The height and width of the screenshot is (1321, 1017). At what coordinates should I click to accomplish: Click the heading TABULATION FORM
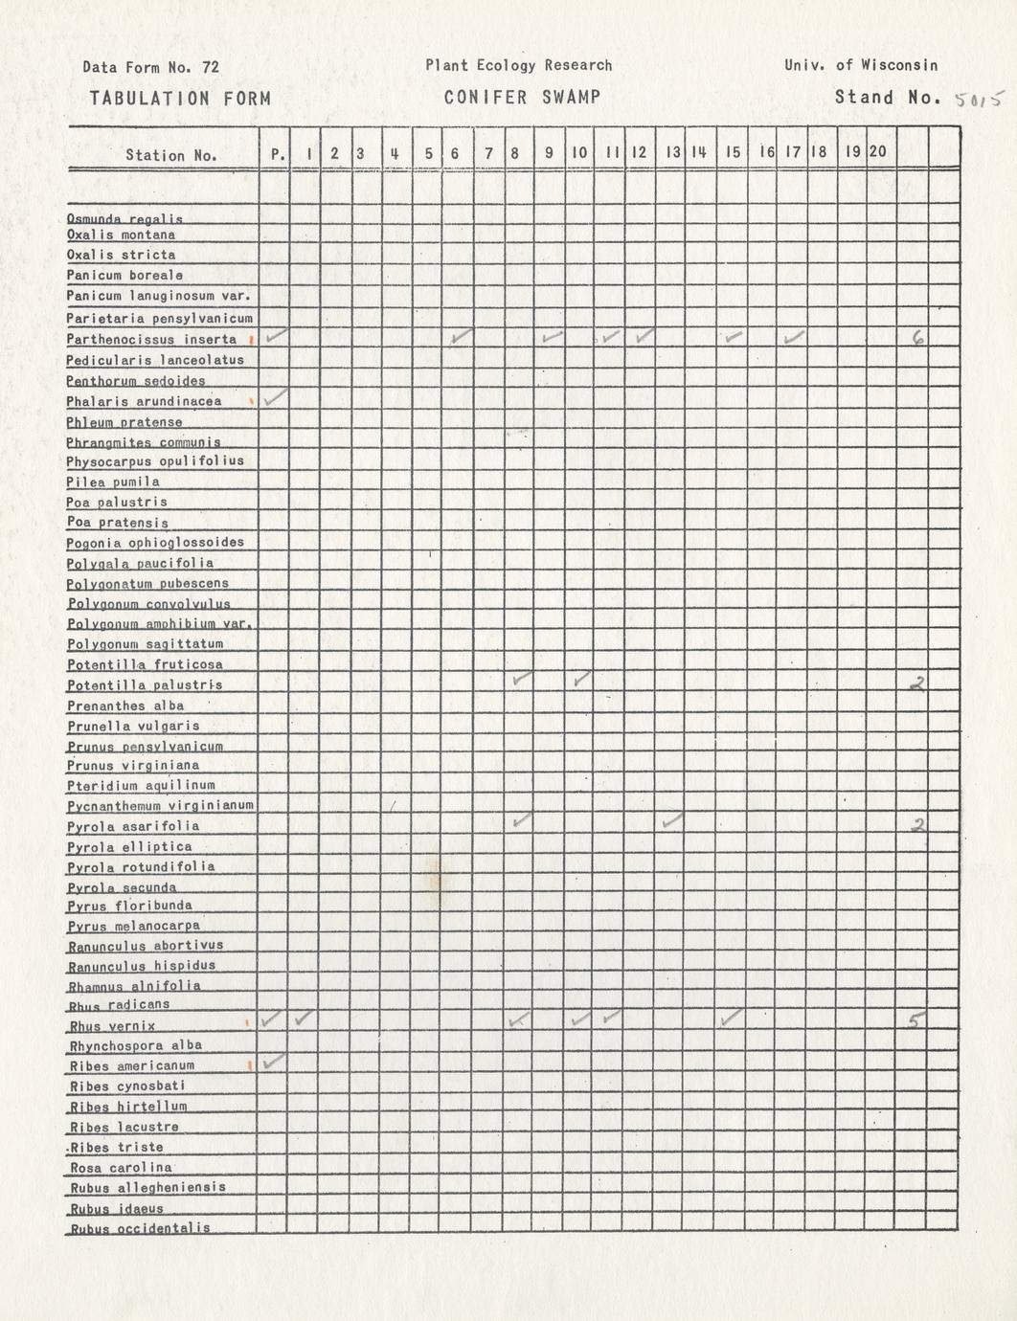[180, 98]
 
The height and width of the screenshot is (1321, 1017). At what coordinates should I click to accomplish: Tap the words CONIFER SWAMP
[522, 97]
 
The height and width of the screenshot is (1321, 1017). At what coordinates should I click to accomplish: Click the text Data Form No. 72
[150, 67]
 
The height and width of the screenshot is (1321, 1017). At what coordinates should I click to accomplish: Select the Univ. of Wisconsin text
[860, 65]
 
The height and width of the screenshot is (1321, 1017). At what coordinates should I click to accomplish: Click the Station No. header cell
[171, 155]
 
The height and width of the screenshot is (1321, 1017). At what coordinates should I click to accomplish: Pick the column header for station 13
[672, 152]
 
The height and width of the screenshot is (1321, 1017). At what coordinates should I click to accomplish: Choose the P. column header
[276, 153]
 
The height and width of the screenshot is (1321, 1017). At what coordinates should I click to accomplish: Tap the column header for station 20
[877, 151]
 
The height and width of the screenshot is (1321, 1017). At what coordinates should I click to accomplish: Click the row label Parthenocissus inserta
[151, 340]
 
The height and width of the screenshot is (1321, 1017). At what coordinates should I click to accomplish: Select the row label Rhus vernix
[113, 1026]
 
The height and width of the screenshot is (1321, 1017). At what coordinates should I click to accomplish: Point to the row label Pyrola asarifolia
[134, 826]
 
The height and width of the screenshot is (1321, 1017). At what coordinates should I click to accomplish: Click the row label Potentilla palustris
[145, 685]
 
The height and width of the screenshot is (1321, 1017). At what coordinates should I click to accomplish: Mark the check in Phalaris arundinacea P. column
[276, 397]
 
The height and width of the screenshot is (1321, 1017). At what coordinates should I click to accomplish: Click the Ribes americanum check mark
[274, 1061]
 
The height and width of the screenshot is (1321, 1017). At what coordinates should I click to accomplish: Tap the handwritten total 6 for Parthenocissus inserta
[917, 337]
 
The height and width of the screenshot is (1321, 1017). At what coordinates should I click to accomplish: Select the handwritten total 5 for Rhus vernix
[915, 1020]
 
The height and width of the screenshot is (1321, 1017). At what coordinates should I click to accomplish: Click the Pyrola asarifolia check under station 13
[672, 820]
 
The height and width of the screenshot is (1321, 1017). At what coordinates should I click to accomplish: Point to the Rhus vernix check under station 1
[305, 1019]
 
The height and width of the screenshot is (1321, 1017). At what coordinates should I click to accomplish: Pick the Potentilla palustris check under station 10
[581, 679]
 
